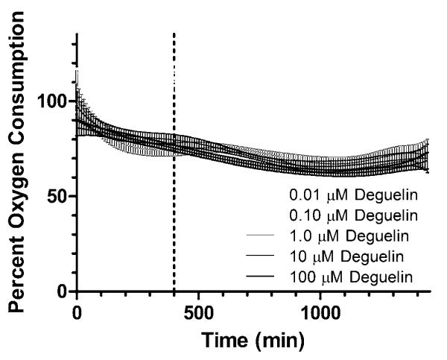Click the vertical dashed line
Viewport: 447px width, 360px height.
(x=174, y=186)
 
